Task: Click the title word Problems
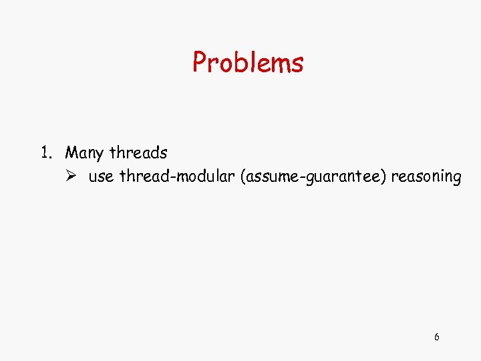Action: pos(248,63)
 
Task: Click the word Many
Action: pos(84,154)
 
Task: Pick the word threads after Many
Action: pos(138,153)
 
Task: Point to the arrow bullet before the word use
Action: pos(72,177)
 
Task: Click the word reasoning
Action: pos(426,178)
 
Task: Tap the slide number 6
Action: pos(436,337)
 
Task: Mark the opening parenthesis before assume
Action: pos(249,177)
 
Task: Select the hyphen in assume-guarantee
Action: pos(303,178)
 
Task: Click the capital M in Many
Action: pos(71,153)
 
